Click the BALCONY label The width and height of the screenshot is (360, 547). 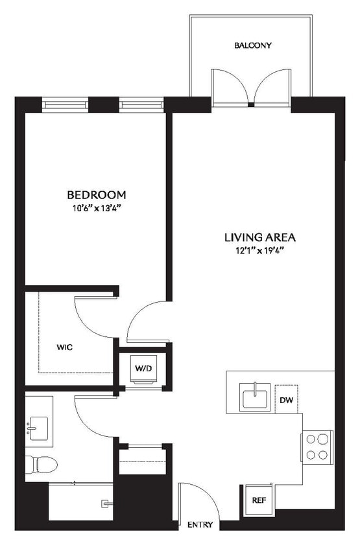(252, 46)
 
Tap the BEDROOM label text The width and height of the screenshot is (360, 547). (97, 194)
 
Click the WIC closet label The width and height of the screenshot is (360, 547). (64, 347)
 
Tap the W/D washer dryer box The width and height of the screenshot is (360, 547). (143, 369)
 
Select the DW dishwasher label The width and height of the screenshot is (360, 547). (285, 400)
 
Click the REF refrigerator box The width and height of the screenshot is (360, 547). (258, 500)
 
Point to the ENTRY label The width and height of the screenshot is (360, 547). (199, 524)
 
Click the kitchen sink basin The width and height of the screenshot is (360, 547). (256, 397)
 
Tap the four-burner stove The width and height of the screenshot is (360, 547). (317, 446)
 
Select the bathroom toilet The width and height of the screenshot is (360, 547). (41, 464)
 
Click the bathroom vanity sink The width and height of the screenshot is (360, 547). (38, 428)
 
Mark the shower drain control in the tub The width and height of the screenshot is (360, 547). (104, 504)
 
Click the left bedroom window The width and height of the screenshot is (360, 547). (65, 104)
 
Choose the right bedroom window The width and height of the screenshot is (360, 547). (141, 104)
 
